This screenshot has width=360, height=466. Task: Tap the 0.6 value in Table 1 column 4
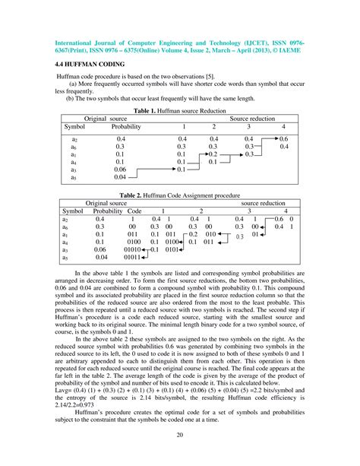tap(283, 140)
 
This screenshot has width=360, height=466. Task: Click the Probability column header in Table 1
tap(121, 126)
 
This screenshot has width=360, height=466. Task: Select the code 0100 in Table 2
tap(134, 240)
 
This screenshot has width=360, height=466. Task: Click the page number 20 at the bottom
tap(180, 436)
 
